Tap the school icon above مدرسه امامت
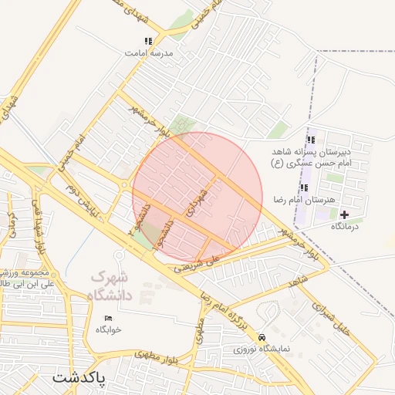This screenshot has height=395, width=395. click(148, 41)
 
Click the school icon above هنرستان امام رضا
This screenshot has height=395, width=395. click(303, 187)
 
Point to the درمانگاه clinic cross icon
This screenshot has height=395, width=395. click(344, 214)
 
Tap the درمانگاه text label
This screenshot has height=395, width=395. click(347, 227)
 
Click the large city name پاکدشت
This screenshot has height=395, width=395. click(89, 378)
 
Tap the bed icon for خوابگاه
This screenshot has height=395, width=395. click(108, 318)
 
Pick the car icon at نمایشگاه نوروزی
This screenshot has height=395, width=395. click(262, 337)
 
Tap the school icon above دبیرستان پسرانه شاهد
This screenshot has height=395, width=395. click(311, 140)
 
